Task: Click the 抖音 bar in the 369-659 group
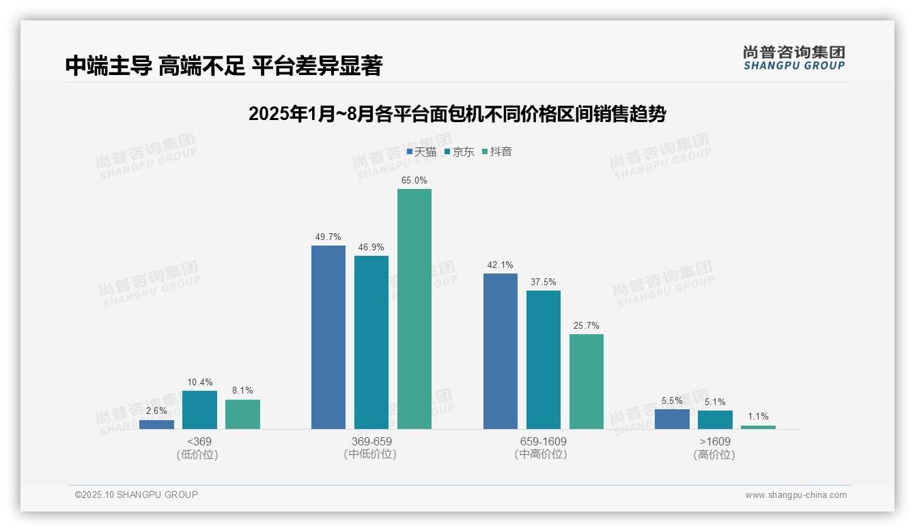tap(414, 309)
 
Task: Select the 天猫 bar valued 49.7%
tap(328, 337)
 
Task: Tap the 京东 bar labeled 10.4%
tap(199, 410)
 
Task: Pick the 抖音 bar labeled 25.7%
tap(587, 381)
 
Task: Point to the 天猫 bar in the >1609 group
tap(672, 419)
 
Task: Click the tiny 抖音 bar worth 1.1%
tap(758, 427)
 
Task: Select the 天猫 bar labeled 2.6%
tap(156, 424)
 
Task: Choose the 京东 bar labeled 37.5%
tap(544, 359)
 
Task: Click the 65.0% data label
tap(414, 181)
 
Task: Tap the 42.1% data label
tap(501, 265)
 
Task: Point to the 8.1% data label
tap(242, 391)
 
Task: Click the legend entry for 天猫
tap(421, 152)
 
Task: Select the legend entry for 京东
tap(460, 152)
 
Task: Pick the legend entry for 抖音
tap(497, 152)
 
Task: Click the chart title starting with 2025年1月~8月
tap(457, 114)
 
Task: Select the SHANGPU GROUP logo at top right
tap(793, 58)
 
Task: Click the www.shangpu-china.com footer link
tap(796, 495)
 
